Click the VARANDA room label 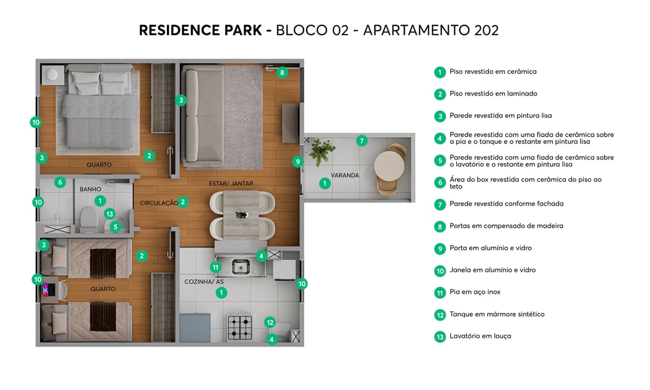(345, 175)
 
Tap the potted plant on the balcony (321, 151)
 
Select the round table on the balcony (389, 166)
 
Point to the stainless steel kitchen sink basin (240, 266)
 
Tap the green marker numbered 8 (282, 72)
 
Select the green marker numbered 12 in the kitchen (270, 322)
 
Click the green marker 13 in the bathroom (109, 214)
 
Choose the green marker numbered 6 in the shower (60, 182)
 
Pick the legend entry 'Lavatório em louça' (480, 336)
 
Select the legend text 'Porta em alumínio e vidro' (490, 248)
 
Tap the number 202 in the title (486, 30)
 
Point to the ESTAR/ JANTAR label (231, 183)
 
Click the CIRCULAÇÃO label (159, 203)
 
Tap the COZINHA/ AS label (203, 281)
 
